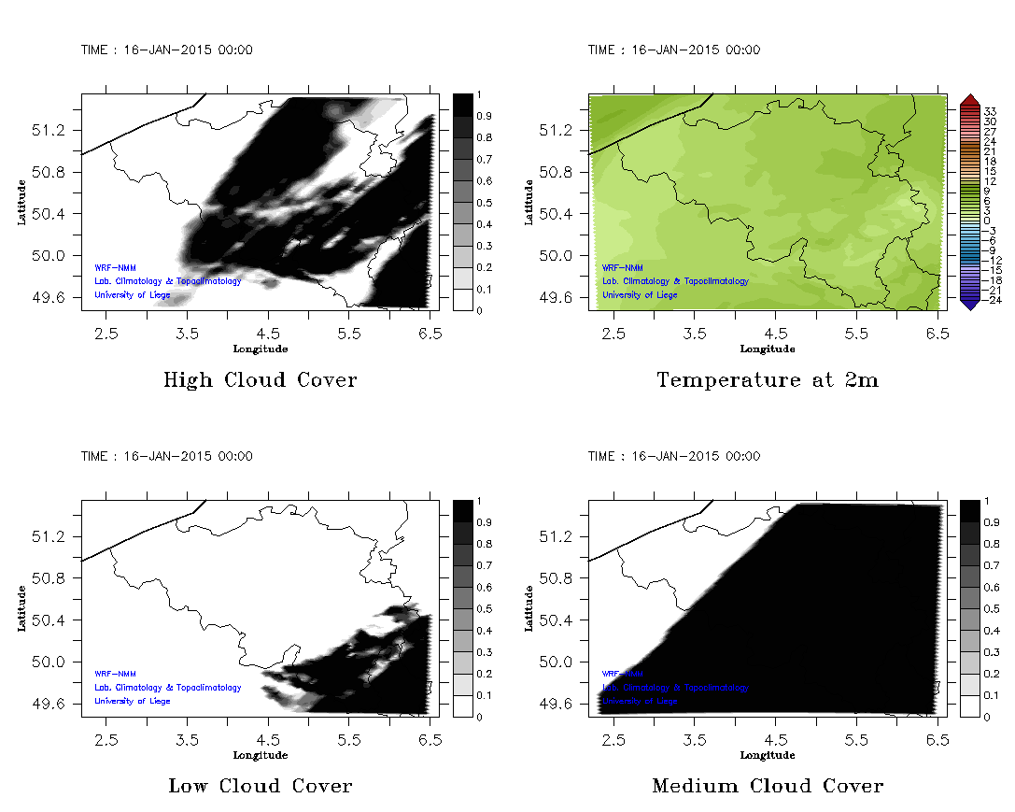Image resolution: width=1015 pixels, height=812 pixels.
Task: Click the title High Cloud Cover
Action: click(260, 380)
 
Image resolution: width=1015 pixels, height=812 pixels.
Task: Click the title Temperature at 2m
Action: click(768, 380)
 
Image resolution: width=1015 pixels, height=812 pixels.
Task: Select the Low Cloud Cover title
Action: click(261, 786)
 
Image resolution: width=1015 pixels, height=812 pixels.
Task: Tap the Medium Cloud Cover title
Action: click(768, 786)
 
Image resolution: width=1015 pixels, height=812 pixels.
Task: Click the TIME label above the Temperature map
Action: click(673, 50)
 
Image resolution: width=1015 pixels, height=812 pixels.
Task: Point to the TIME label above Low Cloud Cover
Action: click(166, 456)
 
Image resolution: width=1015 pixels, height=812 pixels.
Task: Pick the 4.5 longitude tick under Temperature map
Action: click(775, 333)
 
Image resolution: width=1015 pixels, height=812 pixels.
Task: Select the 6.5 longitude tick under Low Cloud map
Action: click(429, 738)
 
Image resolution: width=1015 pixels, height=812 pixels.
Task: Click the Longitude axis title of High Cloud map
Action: click(260, 349)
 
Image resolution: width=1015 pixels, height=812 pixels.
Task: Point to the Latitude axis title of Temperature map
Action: click(529, 202)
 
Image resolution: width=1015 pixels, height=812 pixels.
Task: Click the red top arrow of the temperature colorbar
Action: click(968, 99)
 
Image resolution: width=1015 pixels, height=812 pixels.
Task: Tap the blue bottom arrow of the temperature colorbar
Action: click(968, 303)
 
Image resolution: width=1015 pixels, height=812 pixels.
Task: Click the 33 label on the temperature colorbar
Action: click(990, 111)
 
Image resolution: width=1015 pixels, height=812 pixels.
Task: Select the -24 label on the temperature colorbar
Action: click(993, 301)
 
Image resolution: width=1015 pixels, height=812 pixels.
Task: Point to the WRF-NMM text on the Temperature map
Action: click(617, 267)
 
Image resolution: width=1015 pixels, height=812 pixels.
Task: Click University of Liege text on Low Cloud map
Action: click(133, 701)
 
